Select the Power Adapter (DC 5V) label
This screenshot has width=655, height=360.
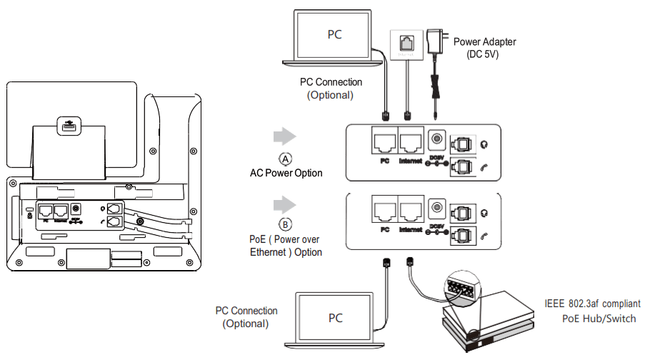pos(484,48)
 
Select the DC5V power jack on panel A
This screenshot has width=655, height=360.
pos(435,139)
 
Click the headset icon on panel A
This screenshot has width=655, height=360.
pos(486,144)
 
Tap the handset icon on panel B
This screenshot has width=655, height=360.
pos(486,234)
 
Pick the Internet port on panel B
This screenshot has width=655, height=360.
pos(412,208)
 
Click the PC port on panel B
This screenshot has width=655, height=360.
pos(384,208)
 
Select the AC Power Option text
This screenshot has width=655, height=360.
pos(286,173)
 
